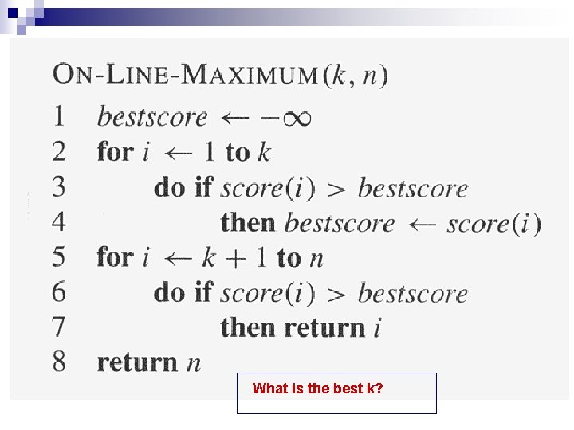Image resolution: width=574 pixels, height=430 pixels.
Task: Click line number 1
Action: tap(60, 117)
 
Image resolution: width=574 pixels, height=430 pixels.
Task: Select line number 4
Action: tap(59, 222)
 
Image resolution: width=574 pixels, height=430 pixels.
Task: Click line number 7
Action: tap(60, 326)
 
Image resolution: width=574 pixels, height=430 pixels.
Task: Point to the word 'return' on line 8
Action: tap(137, 362)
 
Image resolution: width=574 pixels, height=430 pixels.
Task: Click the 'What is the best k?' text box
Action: tap(336, 393)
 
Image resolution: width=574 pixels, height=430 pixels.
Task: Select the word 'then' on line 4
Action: tap(249, 222)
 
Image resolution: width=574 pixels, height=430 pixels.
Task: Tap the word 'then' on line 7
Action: tap(249, 327)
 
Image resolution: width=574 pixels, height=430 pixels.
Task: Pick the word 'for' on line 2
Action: tap(115, 151)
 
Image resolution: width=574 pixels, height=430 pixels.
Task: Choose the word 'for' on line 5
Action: tap(115, 256)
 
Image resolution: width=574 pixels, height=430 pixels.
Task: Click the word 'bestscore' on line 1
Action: tap(151, 118)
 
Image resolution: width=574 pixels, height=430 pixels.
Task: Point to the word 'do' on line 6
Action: tap(169, 292)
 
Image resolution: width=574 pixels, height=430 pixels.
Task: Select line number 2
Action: tap(60, 151)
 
